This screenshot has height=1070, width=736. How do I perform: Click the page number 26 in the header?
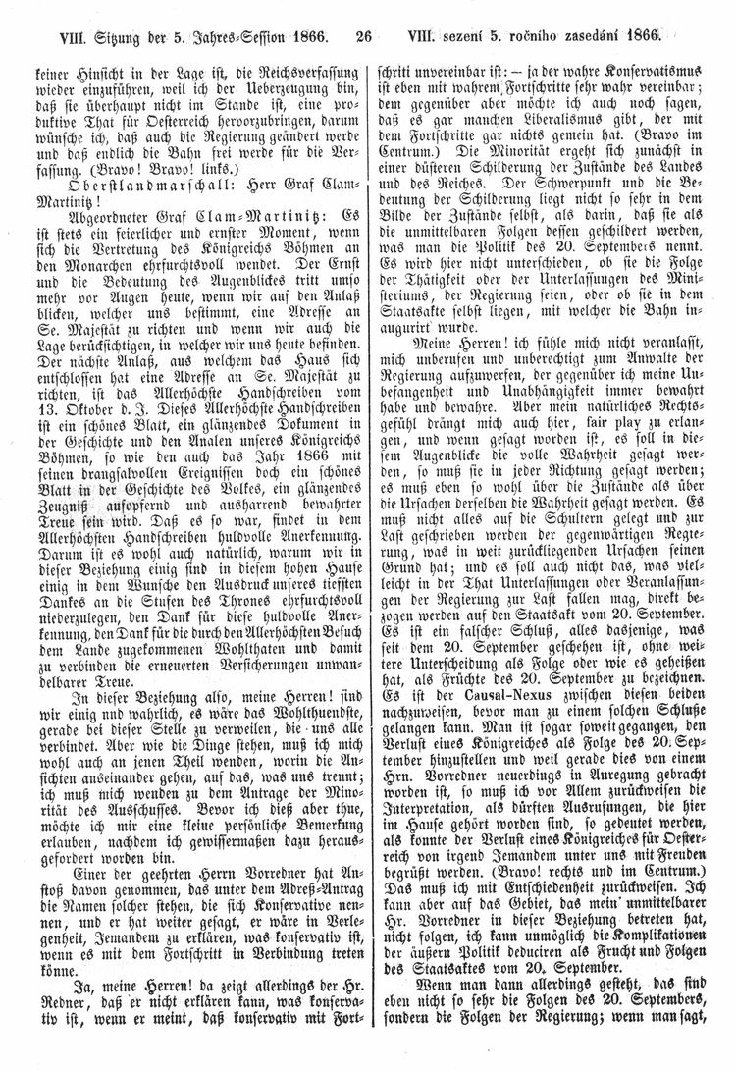coord(364,40)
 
